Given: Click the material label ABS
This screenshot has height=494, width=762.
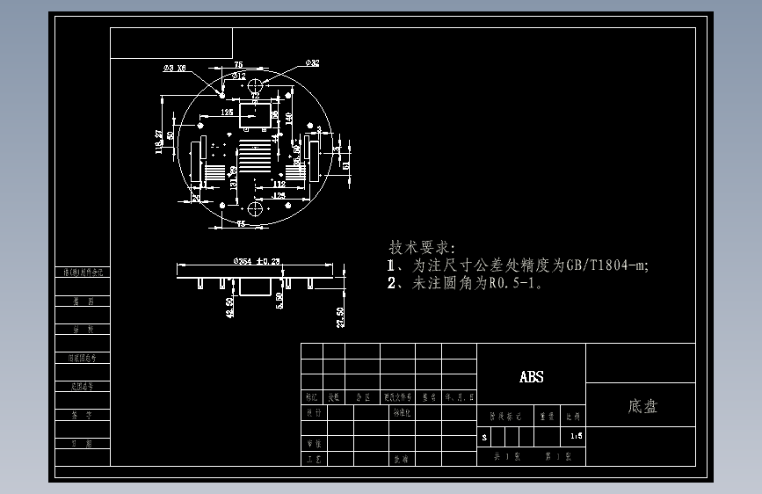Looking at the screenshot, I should pyautogui.click(x=531, y=377).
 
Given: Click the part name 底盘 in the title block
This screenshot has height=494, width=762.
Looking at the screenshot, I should pyautogui.click(x=642, y=407).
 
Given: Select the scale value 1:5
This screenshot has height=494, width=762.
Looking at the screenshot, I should pyautogui.click(x=576, y=435).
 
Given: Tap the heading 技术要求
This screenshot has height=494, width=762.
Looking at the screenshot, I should pyautogui.click(x=417, y=247).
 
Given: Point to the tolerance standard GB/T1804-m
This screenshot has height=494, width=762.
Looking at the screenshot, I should pyautogui.click(x=606, y=265).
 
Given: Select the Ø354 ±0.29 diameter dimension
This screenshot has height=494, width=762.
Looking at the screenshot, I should pyautogui.click(x=256, y=261).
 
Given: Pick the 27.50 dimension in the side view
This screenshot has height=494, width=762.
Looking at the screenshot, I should pyautogui.click(x=340, y=316).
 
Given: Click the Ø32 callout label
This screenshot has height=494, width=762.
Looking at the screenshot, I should pyautogui.click(x=312, y=63).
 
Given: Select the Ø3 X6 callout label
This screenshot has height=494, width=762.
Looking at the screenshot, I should pyautogui.click(x=174, y=67).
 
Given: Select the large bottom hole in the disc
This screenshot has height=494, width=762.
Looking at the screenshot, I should pyautogui.click(x=256, y=208).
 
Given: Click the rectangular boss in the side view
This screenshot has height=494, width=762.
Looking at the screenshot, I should pyautogui.click(x=255, y=287).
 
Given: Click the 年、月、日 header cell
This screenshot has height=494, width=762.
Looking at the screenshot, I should pyautogui.click(x=458, y=396).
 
